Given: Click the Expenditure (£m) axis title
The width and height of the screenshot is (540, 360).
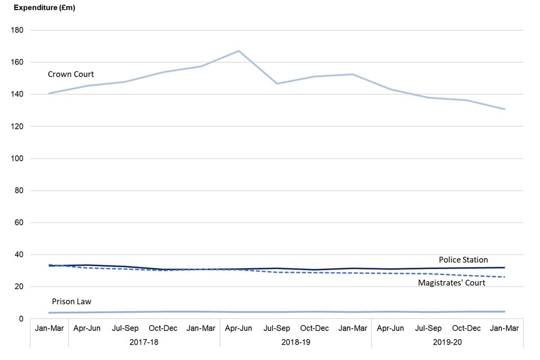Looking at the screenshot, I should click(x=44, y=8).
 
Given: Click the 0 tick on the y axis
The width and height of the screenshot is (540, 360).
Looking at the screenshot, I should click(x=21, y=319).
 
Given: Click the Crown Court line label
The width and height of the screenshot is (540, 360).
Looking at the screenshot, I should click(x=71, y=74).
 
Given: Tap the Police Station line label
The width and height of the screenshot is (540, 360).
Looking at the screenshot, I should click(x=463, y=260).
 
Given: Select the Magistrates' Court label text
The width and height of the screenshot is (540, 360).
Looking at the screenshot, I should click(x=452, y=283).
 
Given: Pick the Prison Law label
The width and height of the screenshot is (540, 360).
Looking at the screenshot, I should click(x=71, y=302).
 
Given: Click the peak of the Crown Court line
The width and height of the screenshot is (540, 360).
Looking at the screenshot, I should click(x=239, y=51).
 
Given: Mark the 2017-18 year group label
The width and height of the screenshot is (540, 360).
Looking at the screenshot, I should click(x=144, y=341).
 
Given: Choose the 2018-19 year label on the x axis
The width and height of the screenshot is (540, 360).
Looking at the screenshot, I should click(x=295, y=341).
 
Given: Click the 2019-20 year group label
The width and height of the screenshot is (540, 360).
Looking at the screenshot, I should click(x=447, y=341).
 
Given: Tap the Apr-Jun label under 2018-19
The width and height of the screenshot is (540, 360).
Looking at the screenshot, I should click(x=239, y=328).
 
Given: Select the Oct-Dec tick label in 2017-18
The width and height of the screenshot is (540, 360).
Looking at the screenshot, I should click(x=163, y=328).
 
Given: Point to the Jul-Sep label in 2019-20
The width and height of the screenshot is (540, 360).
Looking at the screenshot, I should click(x=429, y=328).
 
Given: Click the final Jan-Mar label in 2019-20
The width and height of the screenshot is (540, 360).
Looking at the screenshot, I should click(x=505, y=328).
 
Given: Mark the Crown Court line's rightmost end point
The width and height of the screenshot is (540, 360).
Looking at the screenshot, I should click(x=505, y=109).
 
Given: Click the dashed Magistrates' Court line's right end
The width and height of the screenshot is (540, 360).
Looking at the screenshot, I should click(x=505, y=277).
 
